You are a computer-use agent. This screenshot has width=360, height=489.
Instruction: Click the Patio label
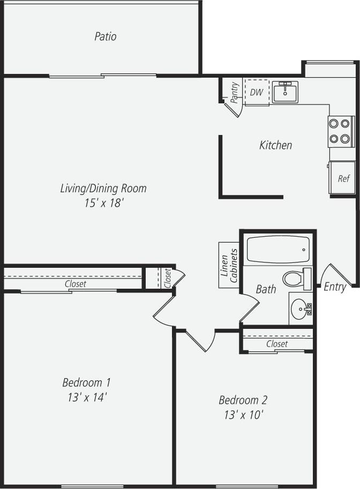(106, 36)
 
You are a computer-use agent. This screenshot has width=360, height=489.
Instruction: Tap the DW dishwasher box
(257, 92)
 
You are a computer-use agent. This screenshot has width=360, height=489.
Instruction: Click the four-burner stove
(341, 131)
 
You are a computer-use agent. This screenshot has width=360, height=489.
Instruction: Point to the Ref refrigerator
(343, 178)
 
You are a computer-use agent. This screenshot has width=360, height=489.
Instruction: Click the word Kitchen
(275, 145)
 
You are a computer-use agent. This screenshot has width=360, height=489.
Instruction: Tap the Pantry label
(234, 92)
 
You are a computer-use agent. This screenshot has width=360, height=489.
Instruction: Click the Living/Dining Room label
(103, 189)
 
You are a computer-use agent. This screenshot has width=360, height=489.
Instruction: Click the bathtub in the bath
(278, 249)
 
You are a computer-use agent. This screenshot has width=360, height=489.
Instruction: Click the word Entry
(335, 287)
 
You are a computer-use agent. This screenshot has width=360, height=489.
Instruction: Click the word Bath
(266, 289)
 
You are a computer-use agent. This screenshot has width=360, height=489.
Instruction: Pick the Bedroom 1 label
(86, 382)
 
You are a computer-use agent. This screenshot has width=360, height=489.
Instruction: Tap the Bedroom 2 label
(243, 400)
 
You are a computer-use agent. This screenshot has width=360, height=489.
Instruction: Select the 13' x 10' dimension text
(243, 415)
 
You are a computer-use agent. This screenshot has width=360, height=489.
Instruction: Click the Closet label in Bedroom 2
(277, 344)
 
